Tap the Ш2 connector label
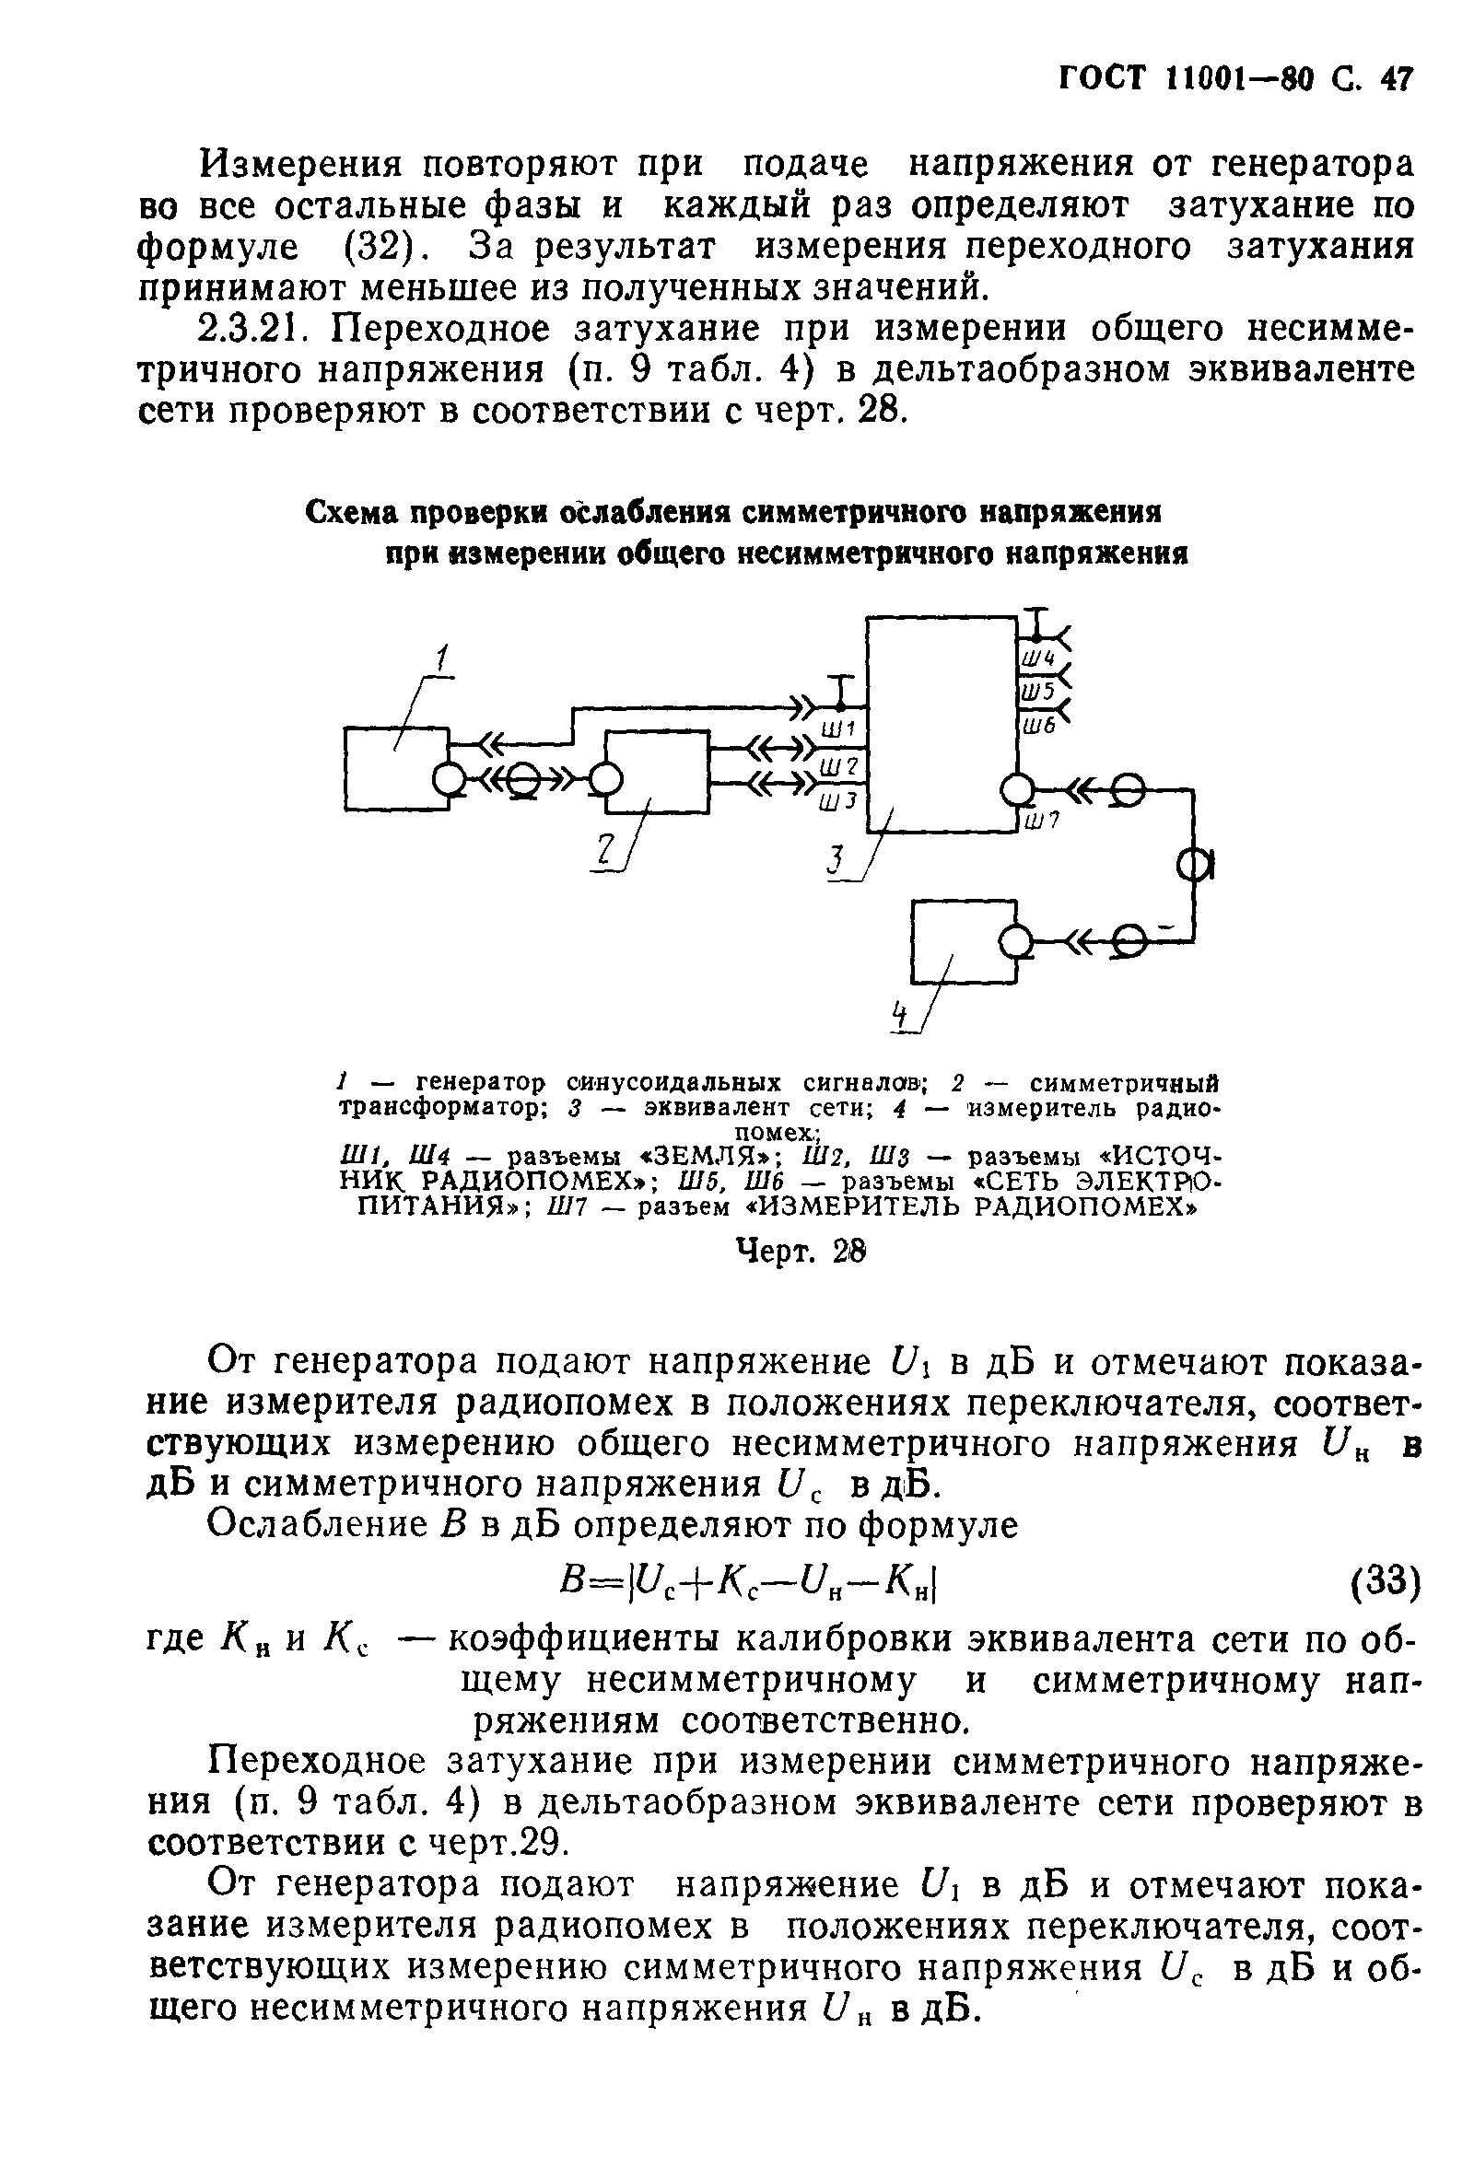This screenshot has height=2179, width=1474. [839, 767]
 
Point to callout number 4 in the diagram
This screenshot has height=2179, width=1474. [901, 1015]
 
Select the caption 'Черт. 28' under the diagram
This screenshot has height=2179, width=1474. [800, 1251]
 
